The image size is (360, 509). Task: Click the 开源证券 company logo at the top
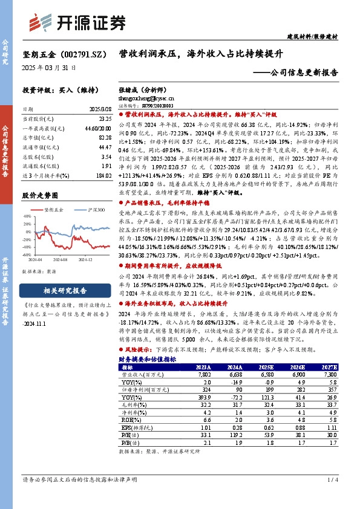point(79,22)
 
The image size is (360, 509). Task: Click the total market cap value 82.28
point(105,138)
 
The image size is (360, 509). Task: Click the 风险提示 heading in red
point(137,349)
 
